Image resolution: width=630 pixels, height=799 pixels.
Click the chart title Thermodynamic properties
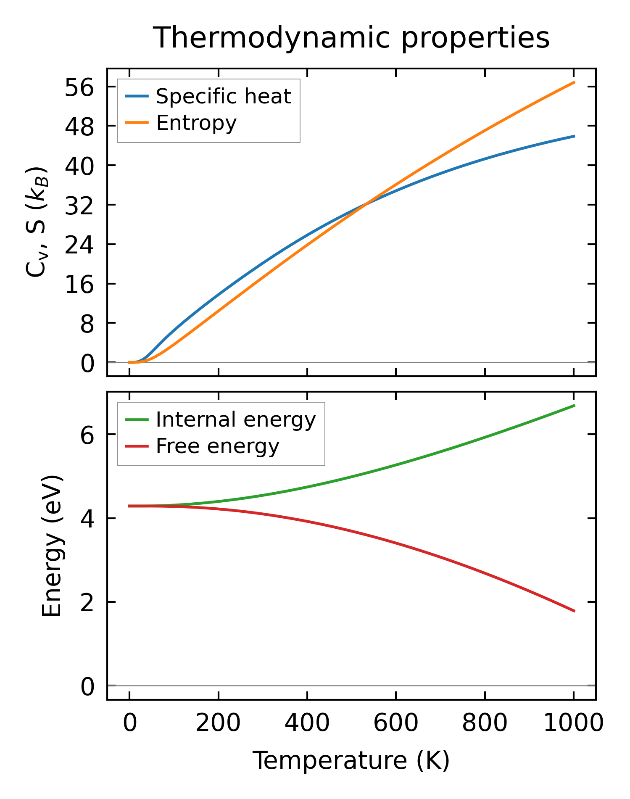[x=351, y=38]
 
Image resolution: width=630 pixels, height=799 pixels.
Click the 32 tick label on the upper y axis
[x=79, y=205]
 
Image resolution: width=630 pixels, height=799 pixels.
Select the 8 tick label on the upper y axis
[x=87, y=323]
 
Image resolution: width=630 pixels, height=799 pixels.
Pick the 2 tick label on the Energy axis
[x=87, y=602]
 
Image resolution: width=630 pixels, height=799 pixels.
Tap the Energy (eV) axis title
[x=52, y=546]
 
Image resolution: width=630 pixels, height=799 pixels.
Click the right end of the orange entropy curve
[x=574, y=82]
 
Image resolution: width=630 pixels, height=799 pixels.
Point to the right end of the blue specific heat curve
[x=574, y=136]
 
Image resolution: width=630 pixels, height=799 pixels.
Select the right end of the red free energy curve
[x=574, y=611]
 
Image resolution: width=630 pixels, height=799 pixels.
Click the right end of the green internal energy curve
[x=574, y=406]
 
